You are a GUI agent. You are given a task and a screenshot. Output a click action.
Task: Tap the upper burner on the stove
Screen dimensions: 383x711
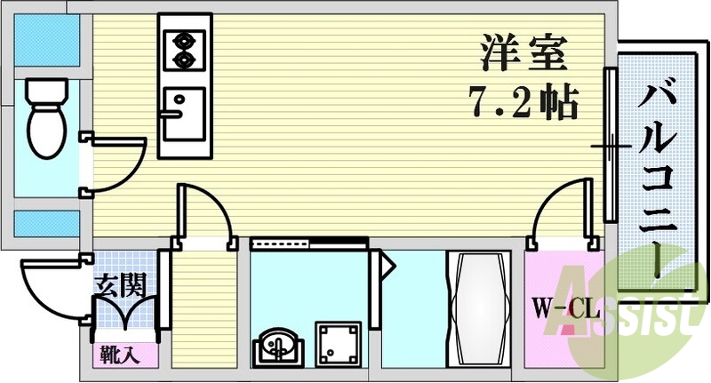185,39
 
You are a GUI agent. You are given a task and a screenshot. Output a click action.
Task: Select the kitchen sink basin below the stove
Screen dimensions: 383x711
183,112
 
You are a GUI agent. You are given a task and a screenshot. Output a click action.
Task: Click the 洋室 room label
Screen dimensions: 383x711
522,53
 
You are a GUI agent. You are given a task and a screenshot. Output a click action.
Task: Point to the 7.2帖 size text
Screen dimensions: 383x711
523,103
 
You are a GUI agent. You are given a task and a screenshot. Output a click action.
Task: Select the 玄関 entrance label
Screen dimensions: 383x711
120,287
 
